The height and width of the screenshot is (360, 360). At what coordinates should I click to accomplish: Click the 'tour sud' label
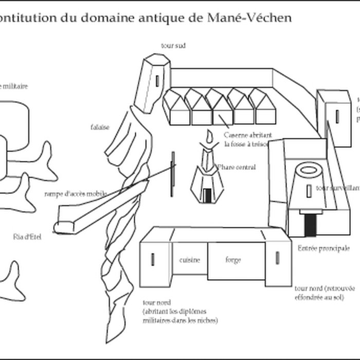coord(173,46)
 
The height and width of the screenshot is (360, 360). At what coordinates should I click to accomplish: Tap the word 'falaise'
coord(99,128)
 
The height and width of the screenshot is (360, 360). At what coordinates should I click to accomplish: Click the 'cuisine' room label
coord(189,260)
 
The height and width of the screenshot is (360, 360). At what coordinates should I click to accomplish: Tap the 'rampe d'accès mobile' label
coord(76,194)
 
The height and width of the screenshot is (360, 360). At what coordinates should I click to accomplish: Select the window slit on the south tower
coord(157,81)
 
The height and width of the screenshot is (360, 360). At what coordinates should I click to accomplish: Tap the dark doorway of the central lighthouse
coord(207,195)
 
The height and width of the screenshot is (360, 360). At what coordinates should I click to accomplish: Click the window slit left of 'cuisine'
coord(153,259)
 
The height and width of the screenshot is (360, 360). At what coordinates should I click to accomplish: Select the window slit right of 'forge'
coord(277,257)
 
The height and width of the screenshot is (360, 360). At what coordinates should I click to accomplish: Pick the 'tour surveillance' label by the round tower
coord(337,189)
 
